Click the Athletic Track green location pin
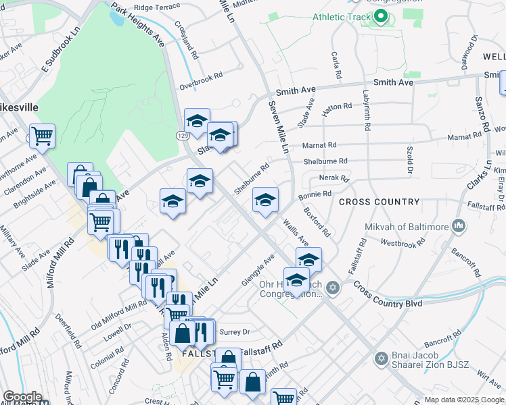point(380,16)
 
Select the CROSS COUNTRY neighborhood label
point(379,202)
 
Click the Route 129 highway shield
point(183,136)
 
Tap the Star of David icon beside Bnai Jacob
point(381,356)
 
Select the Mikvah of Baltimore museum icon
point(459,225)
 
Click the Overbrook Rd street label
point(200,82)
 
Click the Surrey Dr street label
point(236,332)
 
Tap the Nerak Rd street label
point(334,179)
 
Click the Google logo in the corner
point(22,397)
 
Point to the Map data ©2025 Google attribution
point(464,400)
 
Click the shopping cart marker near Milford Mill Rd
point(42,136)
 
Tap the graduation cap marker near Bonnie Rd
point(265,200)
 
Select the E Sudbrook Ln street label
point(61,49)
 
